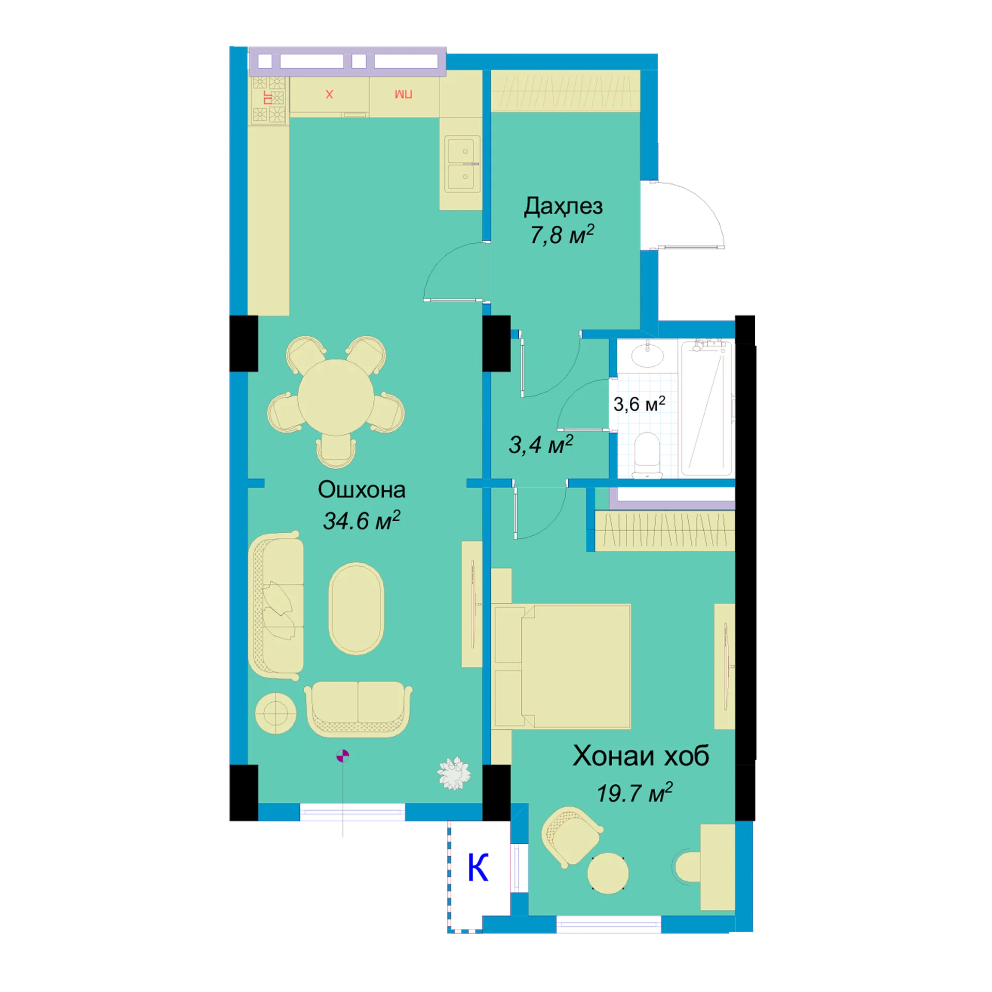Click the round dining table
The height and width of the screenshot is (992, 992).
(336, 397)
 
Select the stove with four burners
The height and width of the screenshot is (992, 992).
(269, 100)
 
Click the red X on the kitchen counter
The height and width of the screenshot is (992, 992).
(329, 94)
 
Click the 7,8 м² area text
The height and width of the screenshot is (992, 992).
(562, 235)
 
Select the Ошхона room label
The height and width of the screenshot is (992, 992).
(362, 489)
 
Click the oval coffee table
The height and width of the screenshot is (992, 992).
(356, 608)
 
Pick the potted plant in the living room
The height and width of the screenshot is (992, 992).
(454, 773)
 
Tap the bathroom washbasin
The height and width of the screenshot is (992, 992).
(647, 354)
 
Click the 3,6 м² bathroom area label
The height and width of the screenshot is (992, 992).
(639, 404)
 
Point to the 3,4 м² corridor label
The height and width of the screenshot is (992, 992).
(541, 444)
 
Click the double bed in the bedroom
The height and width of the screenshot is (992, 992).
(563, 666)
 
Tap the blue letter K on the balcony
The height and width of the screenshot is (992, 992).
(478, 867)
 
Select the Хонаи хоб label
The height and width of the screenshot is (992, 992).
(641, 756)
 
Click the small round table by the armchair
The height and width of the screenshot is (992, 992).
(608, 873)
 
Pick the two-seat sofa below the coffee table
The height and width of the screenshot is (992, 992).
(358, 709)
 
